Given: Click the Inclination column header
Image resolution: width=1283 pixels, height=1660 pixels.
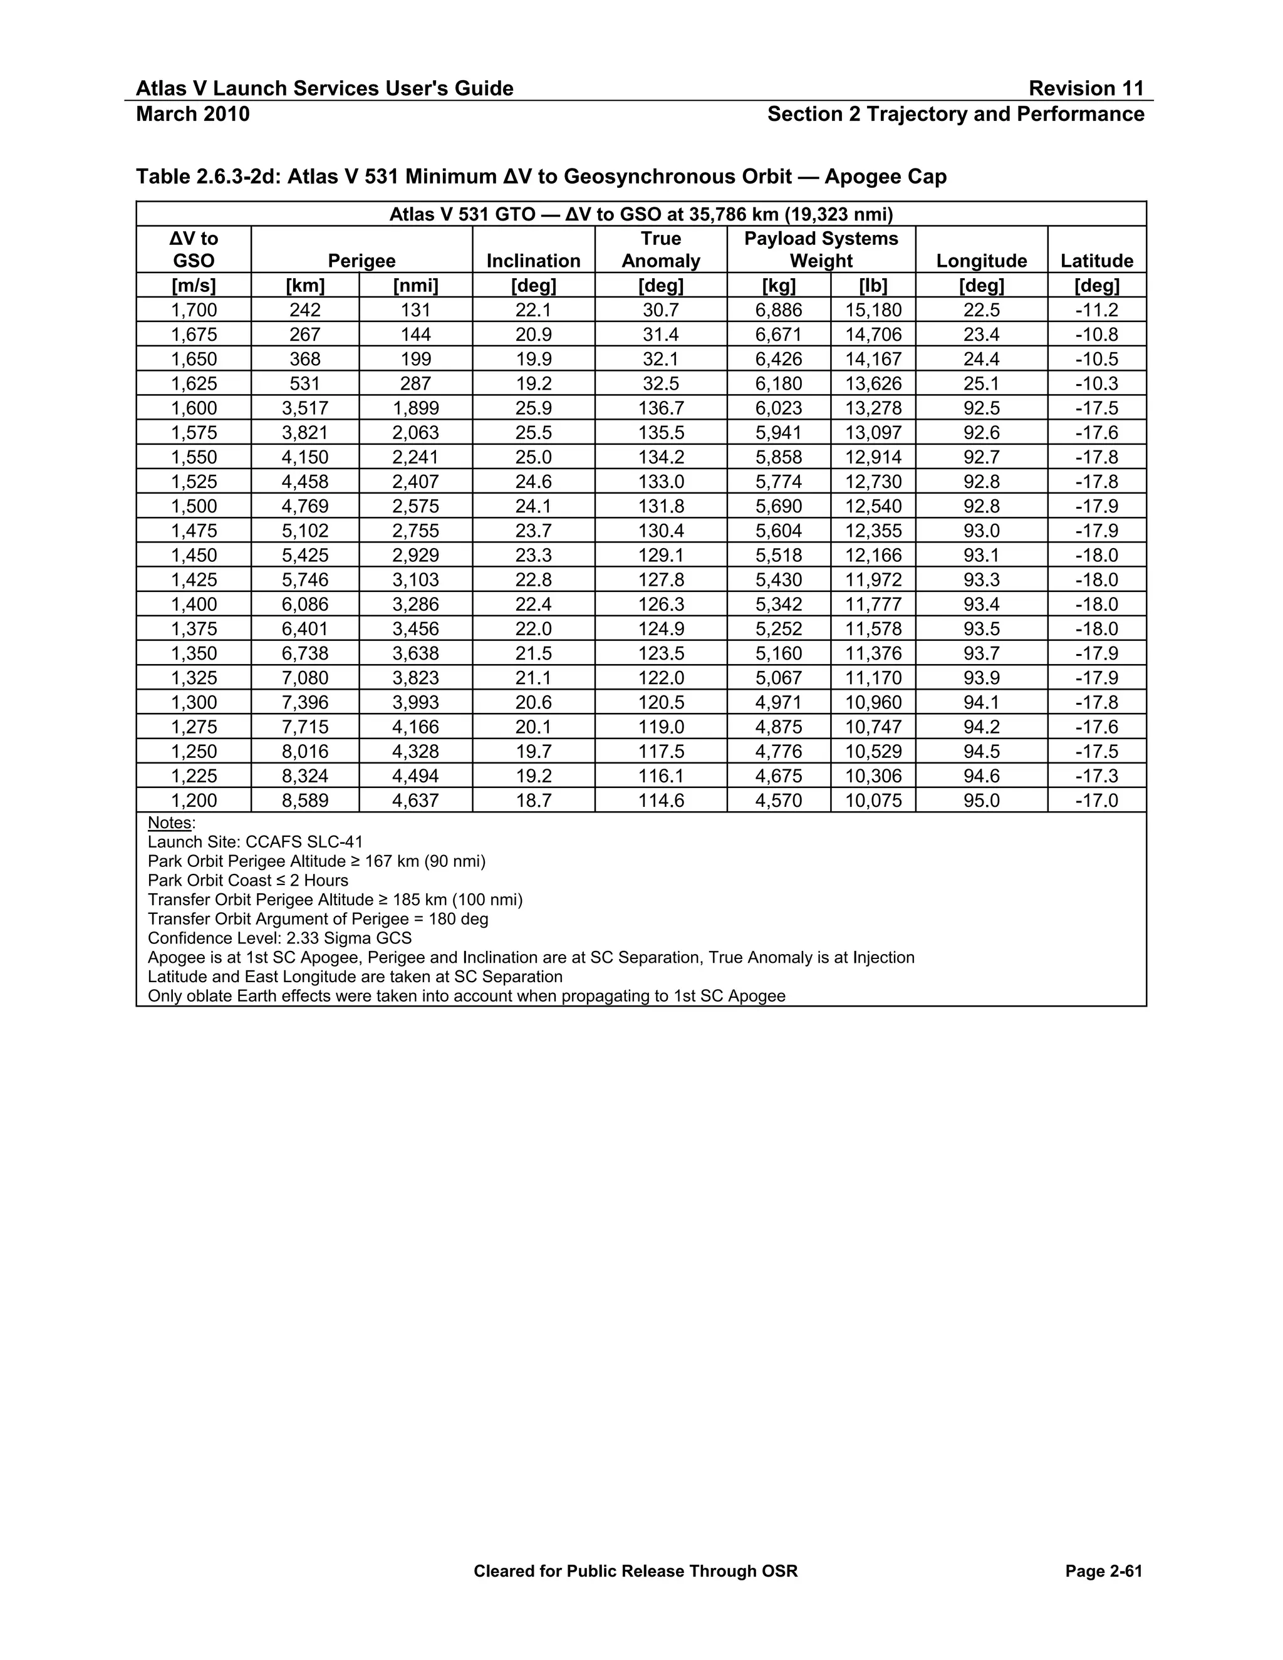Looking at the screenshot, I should coord(533,261).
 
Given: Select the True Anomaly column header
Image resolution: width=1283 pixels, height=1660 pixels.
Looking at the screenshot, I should coord(660,249).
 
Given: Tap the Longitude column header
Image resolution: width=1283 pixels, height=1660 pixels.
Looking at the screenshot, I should coord(980,261).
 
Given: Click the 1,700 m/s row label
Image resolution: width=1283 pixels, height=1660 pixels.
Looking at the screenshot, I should coord(194,310).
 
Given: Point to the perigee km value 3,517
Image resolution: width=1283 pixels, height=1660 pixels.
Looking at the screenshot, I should coord(305,408).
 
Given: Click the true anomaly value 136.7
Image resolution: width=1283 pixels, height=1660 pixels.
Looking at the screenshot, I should coord(660,408).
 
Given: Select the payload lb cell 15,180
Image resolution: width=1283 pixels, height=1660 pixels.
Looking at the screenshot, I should coord(873,310).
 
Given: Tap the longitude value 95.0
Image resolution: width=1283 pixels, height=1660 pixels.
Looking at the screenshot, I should coord(980,801).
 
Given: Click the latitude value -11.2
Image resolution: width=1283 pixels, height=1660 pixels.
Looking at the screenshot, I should coord(1096,310).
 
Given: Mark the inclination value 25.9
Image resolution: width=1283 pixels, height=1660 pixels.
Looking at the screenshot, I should coord(533,408).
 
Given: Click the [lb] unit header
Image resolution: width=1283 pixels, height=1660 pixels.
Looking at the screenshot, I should coord(873,286).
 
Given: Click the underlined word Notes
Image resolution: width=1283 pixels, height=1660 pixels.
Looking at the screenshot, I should coord(170,822).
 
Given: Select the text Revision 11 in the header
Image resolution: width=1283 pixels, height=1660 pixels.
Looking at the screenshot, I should coord(1086,89).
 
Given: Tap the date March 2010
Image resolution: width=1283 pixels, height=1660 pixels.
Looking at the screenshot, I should coord(192,114).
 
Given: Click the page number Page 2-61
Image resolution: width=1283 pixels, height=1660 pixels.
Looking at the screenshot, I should coord(1103,1571).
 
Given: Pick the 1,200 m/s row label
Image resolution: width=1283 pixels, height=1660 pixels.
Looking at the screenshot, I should coord(194,801).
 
